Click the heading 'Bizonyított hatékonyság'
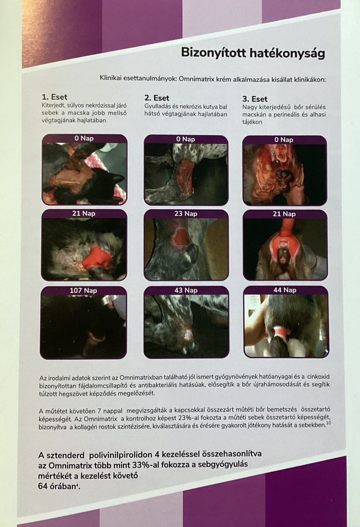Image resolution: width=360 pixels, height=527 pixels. click(253, 53)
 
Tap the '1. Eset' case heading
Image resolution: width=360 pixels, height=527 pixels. click(54, 97)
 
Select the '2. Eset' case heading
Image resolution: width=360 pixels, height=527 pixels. click(157, 98)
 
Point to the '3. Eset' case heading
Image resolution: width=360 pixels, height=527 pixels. click(255, 99)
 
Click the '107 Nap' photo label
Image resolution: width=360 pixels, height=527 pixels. click(83, 291)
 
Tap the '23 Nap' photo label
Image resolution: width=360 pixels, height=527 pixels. click(186, 214)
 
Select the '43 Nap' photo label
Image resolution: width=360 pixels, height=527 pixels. click(186, 290)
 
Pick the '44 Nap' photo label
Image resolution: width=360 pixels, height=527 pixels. click(285, 290)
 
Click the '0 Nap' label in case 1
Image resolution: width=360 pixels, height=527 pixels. click(84, 138)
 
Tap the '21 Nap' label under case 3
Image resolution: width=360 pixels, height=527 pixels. click(284, 214)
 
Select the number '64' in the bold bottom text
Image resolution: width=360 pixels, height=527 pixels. click(43, 486)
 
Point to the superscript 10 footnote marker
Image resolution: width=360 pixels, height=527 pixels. click(328, 423)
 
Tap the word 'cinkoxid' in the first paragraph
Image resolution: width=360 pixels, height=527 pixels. click(319, 377)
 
